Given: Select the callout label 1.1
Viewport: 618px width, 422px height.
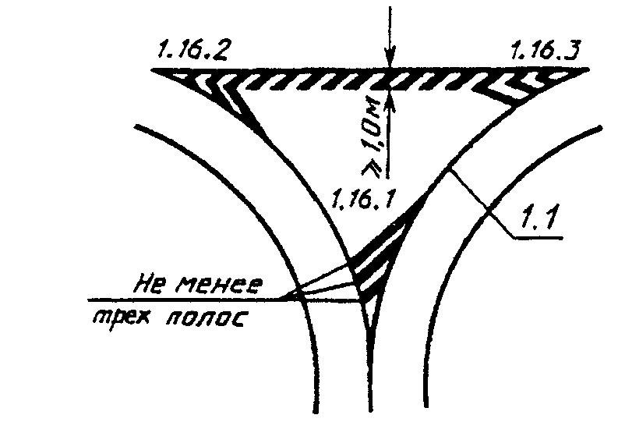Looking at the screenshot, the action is coord(537,222).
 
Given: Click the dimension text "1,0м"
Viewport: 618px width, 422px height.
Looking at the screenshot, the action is coord(372,132).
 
